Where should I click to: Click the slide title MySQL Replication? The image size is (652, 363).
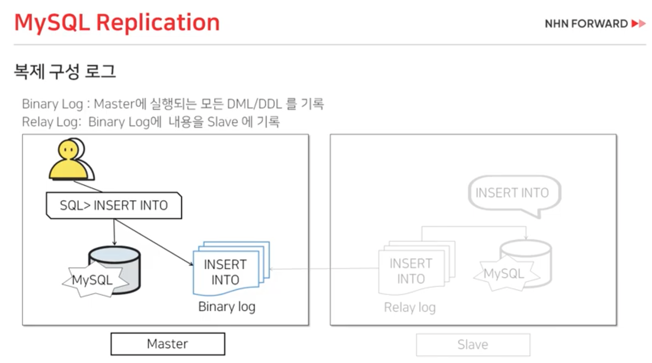[117, 23]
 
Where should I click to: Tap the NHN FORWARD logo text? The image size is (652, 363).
[586, 24]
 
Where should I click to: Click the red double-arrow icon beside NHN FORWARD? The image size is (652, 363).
[638, 24]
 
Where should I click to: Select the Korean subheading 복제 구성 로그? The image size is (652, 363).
[65, 71]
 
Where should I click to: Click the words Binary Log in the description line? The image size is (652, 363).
[52, 104]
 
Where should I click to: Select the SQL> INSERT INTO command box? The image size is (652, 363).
[114, 205]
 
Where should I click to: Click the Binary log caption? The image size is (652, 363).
[227, 307]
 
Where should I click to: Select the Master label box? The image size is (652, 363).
[168, 344]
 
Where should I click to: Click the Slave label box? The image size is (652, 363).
[473, 345]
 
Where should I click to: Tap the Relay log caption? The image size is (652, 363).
[410, 307]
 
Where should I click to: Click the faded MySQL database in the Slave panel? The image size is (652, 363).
[524, 264]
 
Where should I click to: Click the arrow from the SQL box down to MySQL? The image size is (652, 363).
[114, 232]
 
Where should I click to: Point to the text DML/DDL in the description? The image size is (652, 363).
[254, 104]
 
